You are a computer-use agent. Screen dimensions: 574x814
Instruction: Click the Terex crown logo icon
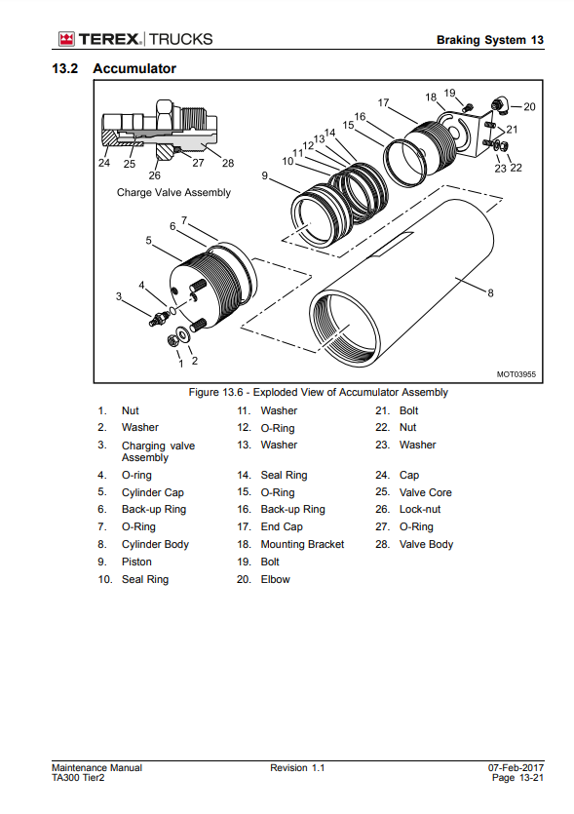(x=66, y=39)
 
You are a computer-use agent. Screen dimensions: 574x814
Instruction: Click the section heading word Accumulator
(x=134, y=68)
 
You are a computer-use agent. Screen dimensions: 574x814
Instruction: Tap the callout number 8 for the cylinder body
(x=490, y=292)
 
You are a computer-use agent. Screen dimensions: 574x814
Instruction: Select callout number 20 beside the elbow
(x=529, y=106)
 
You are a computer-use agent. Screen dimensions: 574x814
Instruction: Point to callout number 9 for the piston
(x=265, y=176)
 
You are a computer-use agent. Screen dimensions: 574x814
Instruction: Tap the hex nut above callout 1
(x=173, y=340)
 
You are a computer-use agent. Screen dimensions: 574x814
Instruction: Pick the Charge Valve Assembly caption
(x=173, y=193)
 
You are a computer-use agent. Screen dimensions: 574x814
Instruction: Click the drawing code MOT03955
(x=516, y=374)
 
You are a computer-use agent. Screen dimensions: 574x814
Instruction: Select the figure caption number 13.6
(x=231, y=393)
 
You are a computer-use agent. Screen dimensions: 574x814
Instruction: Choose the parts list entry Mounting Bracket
(x=302, y=545)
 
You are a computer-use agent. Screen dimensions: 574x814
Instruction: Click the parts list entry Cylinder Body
(x=155, y=545)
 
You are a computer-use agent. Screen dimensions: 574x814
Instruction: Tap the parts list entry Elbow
(x=275, y=579)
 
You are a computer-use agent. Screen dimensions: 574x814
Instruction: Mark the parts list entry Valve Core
(x=426, y=492)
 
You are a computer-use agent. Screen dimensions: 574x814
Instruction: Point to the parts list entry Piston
(x=136, y=562)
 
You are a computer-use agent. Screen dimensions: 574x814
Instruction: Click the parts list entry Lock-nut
(x=420, y=509)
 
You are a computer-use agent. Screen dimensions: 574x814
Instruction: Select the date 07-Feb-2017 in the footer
(x=516, y=768)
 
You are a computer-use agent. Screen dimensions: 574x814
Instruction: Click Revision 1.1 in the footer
(x=297, y=768)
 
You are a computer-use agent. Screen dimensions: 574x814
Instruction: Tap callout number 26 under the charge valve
(x=154, y=175)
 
